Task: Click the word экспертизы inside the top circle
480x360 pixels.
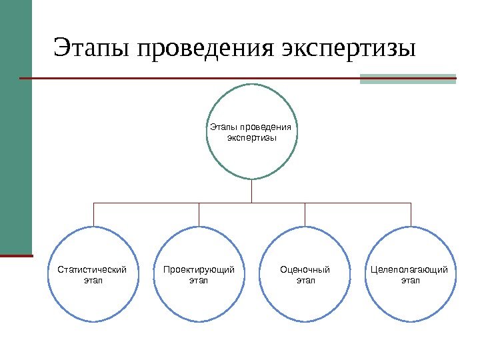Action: pyautogui.click(x=251, y=138)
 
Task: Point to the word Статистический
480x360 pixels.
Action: pyautogui.click(x=93, y=270)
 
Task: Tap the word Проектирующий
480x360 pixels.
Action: pyautogui.click(x=199, y=270)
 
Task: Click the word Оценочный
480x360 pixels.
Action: pyautogui.click(x=305, y=270)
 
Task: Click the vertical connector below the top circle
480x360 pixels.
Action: pyautogui.click(x=252, y=191)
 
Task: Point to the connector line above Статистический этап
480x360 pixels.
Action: pyautogui.click(x=93, y=213)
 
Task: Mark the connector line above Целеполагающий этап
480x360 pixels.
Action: pyautogui.click(x=411, y=213)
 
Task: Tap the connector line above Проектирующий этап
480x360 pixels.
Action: pyautogui.click(x=199, y=213)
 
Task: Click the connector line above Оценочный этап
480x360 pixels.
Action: pyautogui.click(x=305, y=213)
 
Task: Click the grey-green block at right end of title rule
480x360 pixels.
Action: pyautogui.click(x=407, y=79)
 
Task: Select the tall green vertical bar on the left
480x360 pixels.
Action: pyautogui.click(x=16, y=127)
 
